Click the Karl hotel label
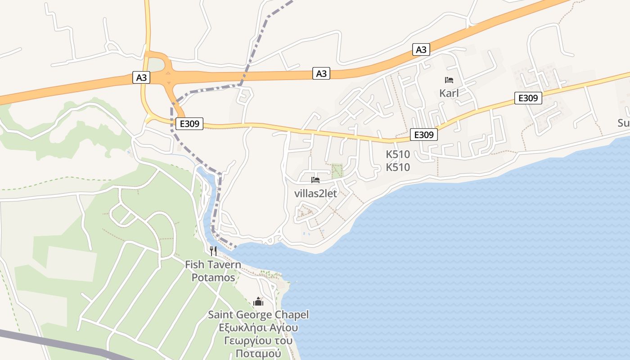(x=449, y=94)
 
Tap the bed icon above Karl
(x=449, y=81)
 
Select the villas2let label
(x=315, y=193)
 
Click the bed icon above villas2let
(x=315, y=180)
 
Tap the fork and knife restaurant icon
(x=213, y=251)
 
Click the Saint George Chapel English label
(x=258, y=315)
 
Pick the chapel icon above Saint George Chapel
(x=258, y=301)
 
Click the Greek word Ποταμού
(x=258, y=353)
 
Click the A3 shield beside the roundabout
(x=141, y=77)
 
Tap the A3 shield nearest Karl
(x=421, y=49)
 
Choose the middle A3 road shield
(x=321, y=73)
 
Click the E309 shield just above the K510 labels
(x=423, y=134)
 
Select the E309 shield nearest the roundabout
(x=189, y=123)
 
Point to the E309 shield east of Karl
(x=528, y=98)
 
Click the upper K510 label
(x=398, y=154)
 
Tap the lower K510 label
(x=398, y=167)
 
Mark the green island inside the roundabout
(x=156, y=65)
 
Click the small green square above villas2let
(x=337, y=170)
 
